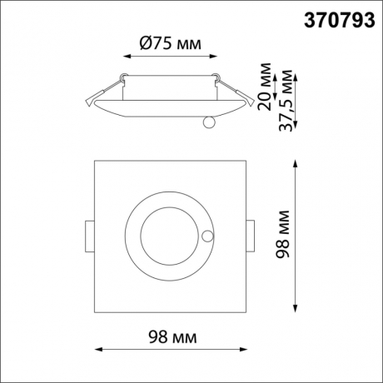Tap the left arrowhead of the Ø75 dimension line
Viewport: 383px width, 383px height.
click(127, 57)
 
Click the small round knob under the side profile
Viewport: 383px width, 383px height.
click(209, 122)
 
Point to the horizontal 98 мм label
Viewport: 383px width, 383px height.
click(173, 337)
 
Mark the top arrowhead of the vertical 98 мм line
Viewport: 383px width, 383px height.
click(297, 162)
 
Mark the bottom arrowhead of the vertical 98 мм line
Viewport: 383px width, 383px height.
click(297, 310)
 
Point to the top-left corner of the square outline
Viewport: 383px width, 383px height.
click(95, 159)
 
